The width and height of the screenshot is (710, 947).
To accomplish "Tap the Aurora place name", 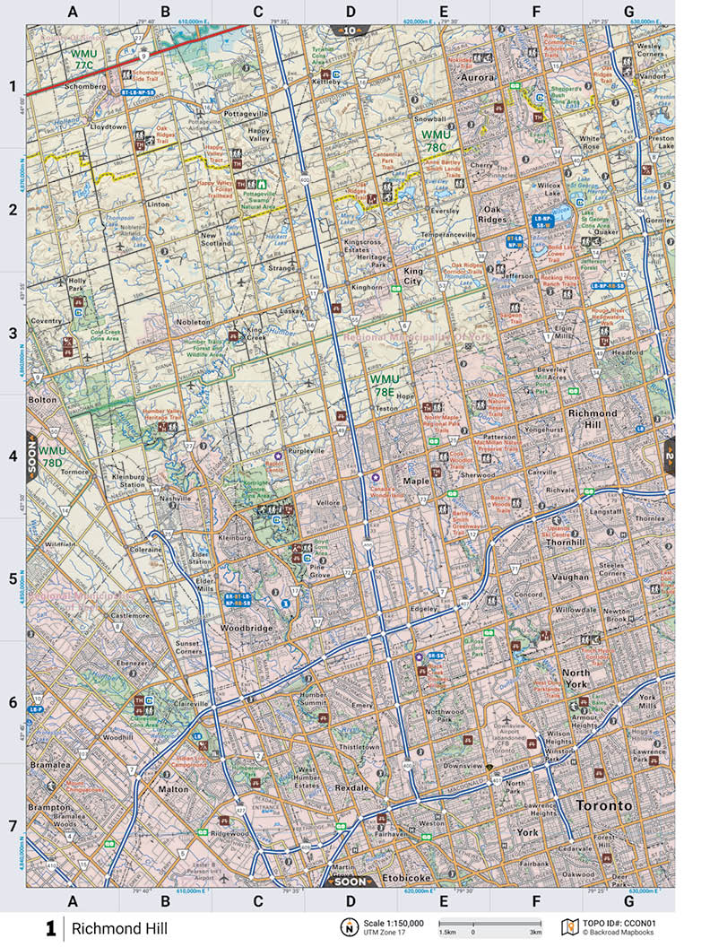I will tap(477, 78).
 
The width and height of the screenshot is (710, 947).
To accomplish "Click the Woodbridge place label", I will tap(246, 629).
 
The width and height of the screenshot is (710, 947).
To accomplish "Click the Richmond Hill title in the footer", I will tap(119, 927).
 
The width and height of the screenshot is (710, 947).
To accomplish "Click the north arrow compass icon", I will tap(345, 927).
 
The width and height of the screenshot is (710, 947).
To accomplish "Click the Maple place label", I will tap(416, 481).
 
